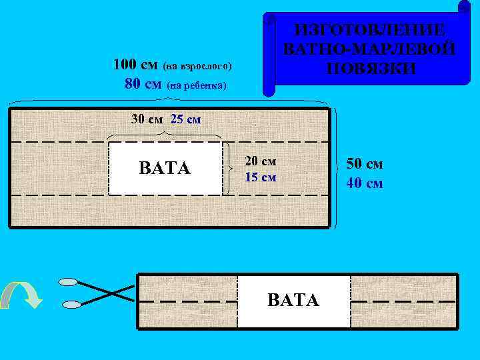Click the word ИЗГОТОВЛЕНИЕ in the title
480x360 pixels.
(x=371, y=30)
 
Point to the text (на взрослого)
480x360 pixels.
(x=198, y=67)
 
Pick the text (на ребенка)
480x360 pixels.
(x=197, y=85)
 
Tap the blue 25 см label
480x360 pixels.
(x=185, y=119)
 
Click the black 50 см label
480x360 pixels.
(x=364, y=165)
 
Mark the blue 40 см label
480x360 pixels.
(x=364, y=183)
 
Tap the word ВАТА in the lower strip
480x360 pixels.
(x=293, y=299)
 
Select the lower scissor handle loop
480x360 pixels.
(x=71, y=305)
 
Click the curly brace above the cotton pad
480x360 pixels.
(x=165, y=135)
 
